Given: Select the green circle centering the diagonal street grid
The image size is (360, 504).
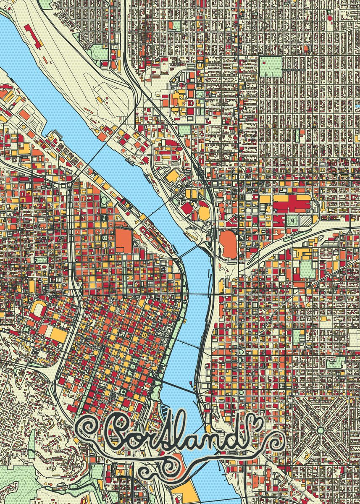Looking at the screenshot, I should [320, 430].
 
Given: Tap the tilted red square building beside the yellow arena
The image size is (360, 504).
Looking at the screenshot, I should [187, 207].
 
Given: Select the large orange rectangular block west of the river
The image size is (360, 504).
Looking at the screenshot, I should [124, 240].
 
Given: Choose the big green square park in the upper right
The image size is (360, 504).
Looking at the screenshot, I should [271, 66].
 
